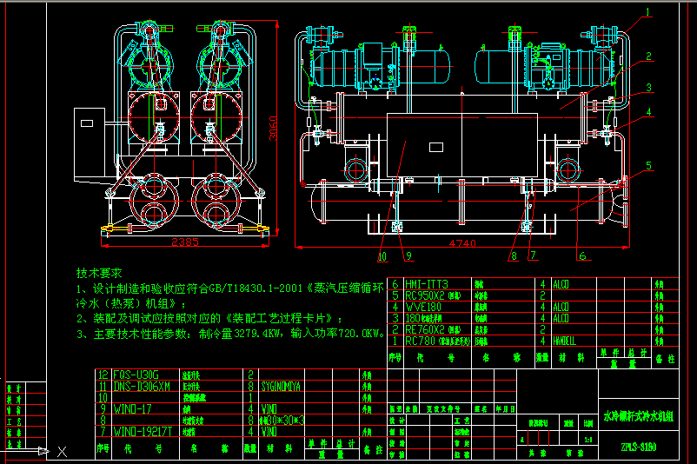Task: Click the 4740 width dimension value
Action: [x=463, y=244]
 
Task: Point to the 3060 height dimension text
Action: [x=272, y=128]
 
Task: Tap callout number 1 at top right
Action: [x=647, y=12]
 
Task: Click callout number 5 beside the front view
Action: [x=647, y=164]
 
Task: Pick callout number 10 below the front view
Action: [x=383, y=255]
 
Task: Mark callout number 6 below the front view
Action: [x=582, y=255]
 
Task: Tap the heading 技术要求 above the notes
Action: [x=100, y=273]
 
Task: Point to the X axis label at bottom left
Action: [x=62, y=451]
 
